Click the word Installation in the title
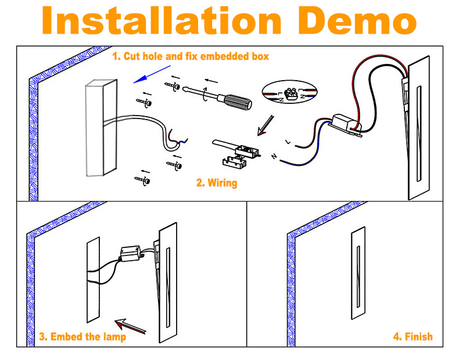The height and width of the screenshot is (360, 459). pos(162,20)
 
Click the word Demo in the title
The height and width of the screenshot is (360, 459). pos(357,20)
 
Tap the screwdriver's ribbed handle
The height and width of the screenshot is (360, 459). pos(238,102)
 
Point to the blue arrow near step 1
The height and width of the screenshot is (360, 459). pos(152,74)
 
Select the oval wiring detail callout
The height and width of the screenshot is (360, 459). pos(289,93)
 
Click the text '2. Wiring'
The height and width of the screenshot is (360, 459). pos(217,183)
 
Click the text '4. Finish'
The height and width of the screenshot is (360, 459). pos(413,337)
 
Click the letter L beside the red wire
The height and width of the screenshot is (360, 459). pos(288,142)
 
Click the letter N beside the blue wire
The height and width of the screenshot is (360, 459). pos(274,156)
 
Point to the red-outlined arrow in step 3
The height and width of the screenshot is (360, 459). pos(130,326)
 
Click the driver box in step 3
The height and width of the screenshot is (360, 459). pos(131,253)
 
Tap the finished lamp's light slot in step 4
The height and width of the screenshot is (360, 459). pos(358,277)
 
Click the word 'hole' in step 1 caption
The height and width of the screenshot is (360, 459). pos(153,56)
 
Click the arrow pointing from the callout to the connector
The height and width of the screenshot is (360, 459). pos(266,125)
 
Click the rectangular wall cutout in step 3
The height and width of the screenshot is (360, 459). pos(94,280)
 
